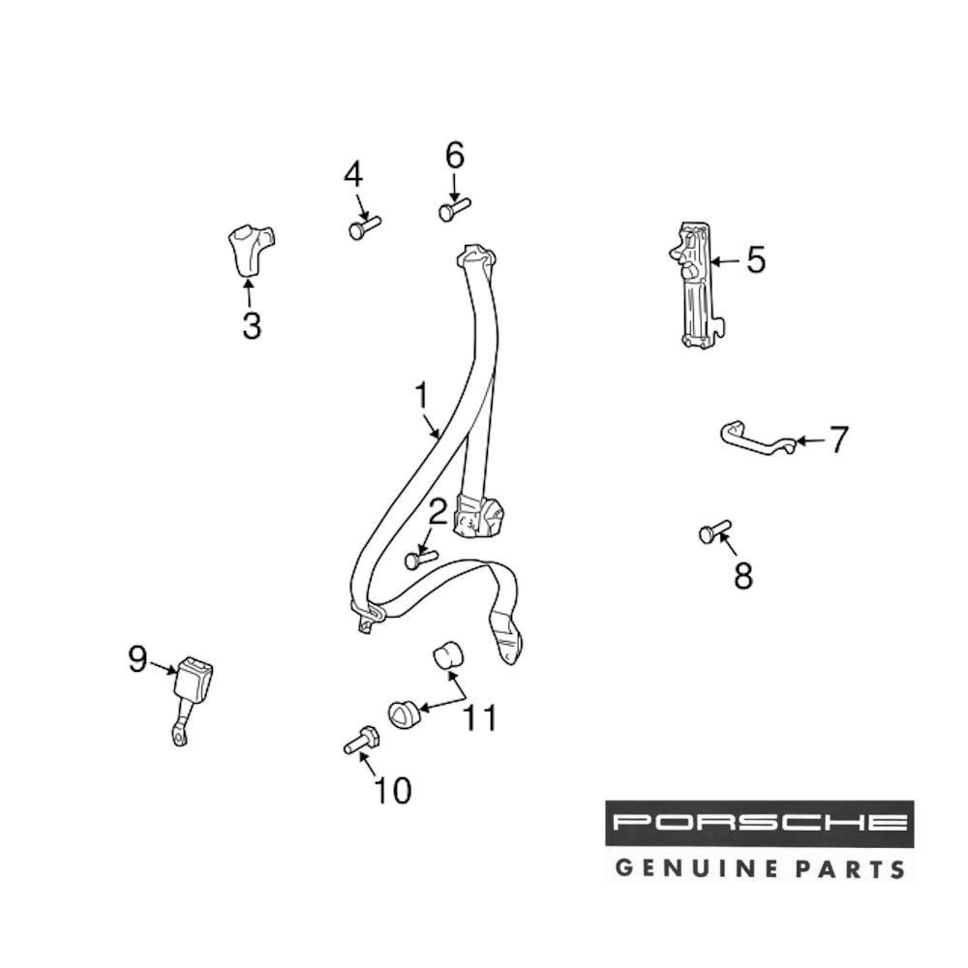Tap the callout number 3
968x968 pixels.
coord(252,325)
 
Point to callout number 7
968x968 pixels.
coord(838,440)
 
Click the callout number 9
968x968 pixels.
coord(137,660)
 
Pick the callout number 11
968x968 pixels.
coord(480,717)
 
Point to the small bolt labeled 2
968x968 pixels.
coord(421,559)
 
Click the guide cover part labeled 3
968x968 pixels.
coord(249,247)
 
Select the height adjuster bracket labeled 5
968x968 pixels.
coord(693,286)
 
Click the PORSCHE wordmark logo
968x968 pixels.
coord(759,824)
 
